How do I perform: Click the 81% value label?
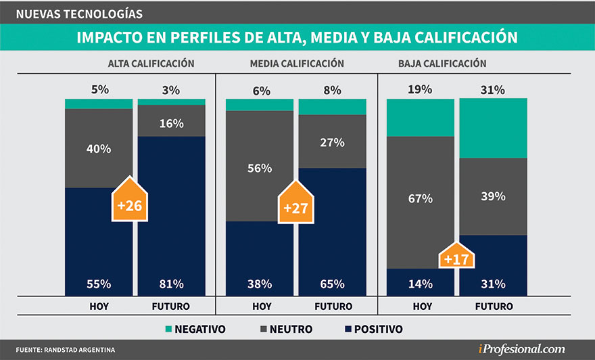coord(172,284)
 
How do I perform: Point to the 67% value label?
coord(420,199)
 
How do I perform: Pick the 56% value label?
coord(260,168)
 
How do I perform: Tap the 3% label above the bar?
coord(172,90)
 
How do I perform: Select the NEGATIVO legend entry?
coord(194,330)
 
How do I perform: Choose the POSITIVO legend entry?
coord(368,330)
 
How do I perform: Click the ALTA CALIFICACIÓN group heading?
coord(151,64)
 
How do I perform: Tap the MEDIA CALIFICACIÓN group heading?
coord(297,64)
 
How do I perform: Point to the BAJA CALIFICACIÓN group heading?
coord(442,64)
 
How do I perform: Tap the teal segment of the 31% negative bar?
coord(493,129)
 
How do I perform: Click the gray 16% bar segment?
coord(172,121)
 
